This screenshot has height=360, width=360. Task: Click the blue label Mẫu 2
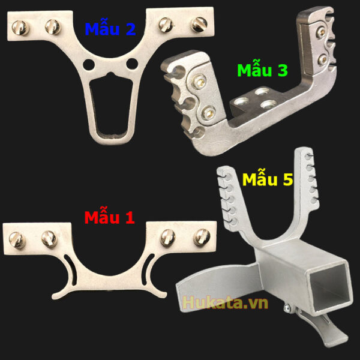(x=110, y=28)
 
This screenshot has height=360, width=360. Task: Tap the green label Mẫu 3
(x=262, y=69)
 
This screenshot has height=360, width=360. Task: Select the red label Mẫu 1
(x=109, y=216)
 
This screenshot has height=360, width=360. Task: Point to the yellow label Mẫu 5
(x=268, y=178)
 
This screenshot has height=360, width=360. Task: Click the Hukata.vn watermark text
(x=225, y=303)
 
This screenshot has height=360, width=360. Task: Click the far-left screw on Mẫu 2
(x=20, y=28)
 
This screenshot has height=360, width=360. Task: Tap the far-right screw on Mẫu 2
(x=199, y=25)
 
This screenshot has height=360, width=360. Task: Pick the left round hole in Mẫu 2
(x=89, y=65)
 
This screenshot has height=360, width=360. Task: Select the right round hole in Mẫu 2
(x=132, y=64)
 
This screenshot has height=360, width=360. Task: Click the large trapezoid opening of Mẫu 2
(x=111, y=106)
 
